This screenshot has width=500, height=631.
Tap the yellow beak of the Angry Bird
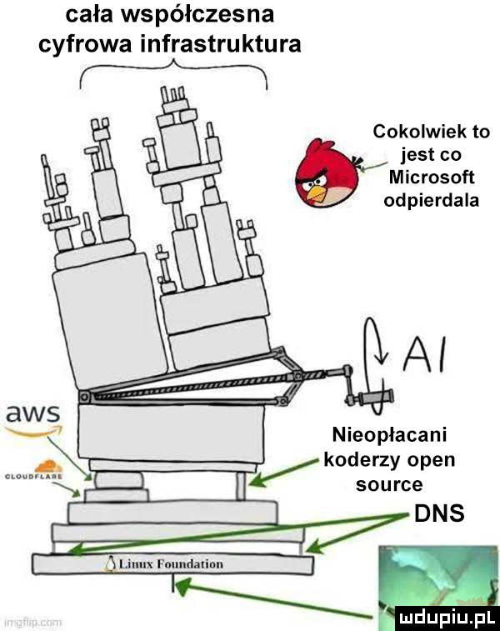[x=317, y=194]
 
